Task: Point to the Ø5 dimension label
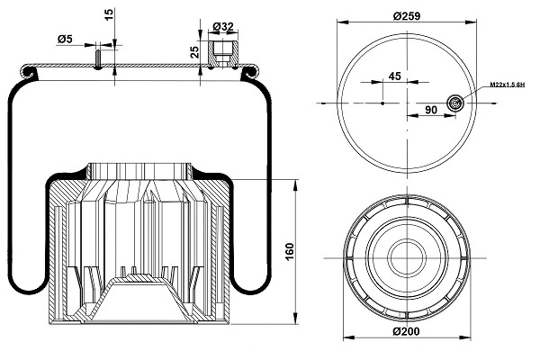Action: (x=64, y=39)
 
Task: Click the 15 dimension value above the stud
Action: (x=109, y=15)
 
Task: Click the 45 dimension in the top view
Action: (x=393, y=76)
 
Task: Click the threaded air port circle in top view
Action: (x=456, y=104)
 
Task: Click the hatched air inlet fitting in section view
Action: (x=220, y=50)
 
